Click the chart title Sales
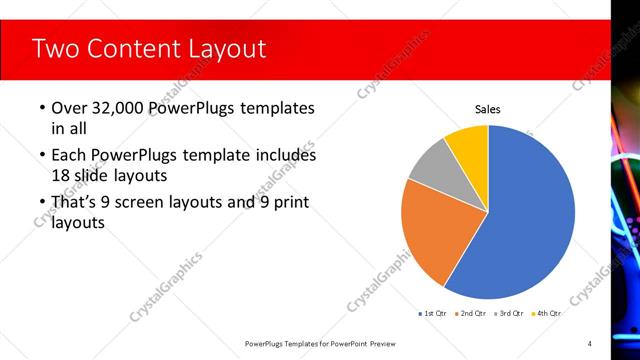pos(487,110)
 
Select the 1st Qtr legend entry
pos(432,313)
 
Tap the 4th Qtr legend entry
pos(545,313)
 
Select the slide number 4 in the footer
pos(590,343)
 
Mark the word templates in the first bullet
pos(273,108)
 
